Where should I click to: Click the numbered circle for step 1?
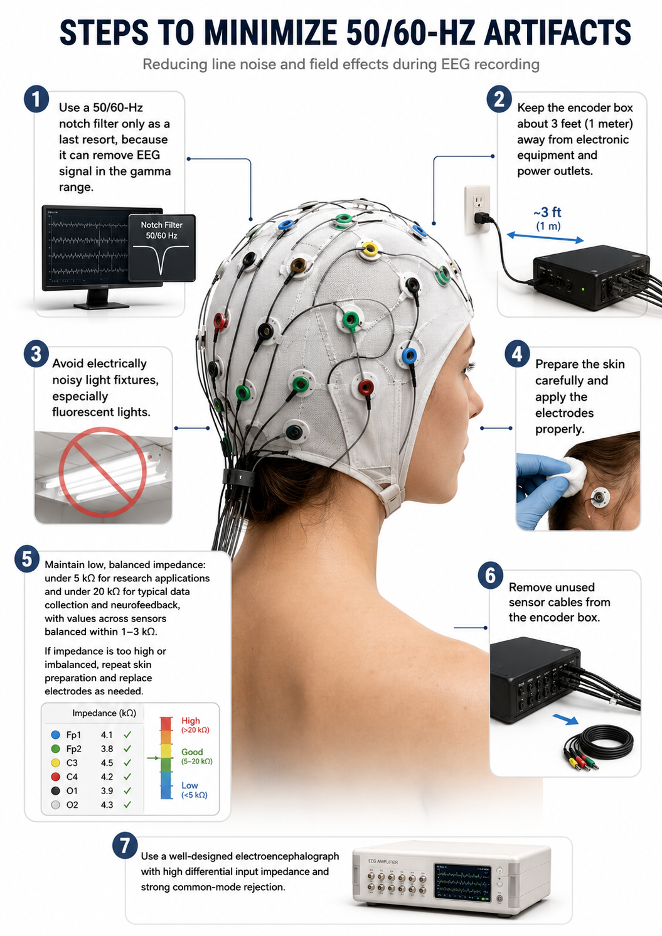pos(37,99)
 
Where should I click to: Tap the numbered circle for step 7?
pos(125,846)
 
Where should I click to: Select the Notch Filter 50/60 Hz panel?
pos(162,248)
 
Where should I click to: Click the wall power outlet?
pos(478,210)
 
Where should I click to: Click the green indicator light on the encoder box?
pos(584,288)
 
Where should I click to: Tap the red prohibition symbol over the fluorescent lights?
pos(103,471)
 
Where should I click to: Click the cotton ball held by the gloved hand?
pos(574,475)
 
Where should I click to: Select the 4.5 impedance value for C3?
pos(107,763)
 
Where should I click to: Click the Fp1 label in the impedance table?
pos(73,734)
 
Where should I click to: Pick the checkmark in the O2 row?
pos(127,804)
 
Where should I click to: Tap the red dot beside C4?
pos(56,777)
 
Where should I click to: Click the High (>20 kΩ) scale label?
pos(195,725)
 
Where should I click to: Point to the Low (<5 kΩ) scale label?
pos(195,790)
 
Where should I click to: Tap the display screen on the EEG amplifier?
pos(462,881)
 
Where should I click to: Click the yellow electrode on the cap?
pos(370,250)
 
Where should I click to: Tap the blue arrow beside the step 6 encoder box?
pos(565,719)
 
